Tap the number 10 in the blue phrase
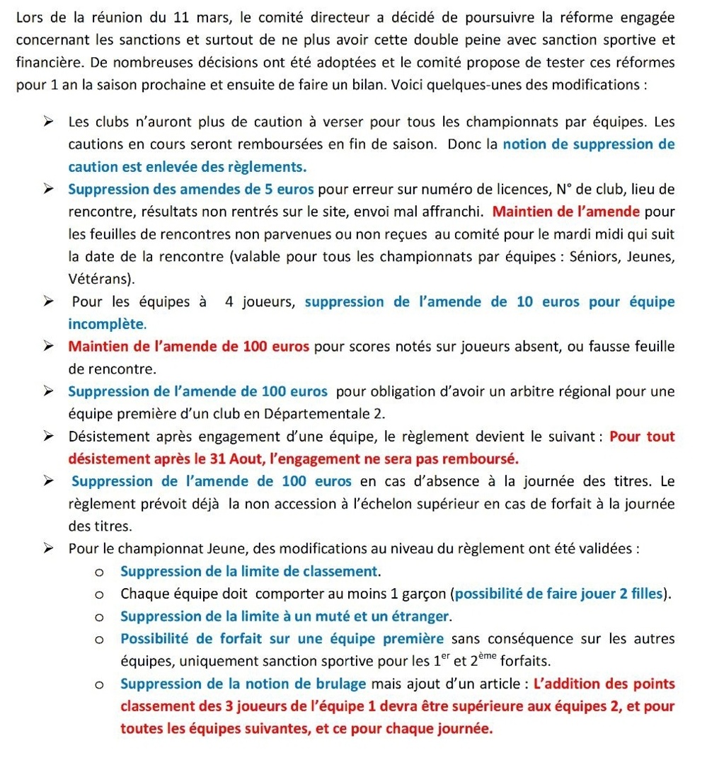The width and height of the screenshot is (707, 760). click(x=524, y=302)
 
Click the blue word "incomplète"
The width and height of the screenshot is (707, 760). click(x=106, y=325)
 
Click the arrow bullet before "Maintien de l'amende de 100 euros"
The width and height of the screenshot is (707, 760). click(x=48, y=347)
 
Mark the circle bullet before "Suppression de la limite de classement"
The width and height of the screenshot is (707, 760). click(x=100, y=571)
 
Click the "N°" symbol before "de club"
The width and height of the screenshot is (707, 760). click(x=564, y=190)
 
